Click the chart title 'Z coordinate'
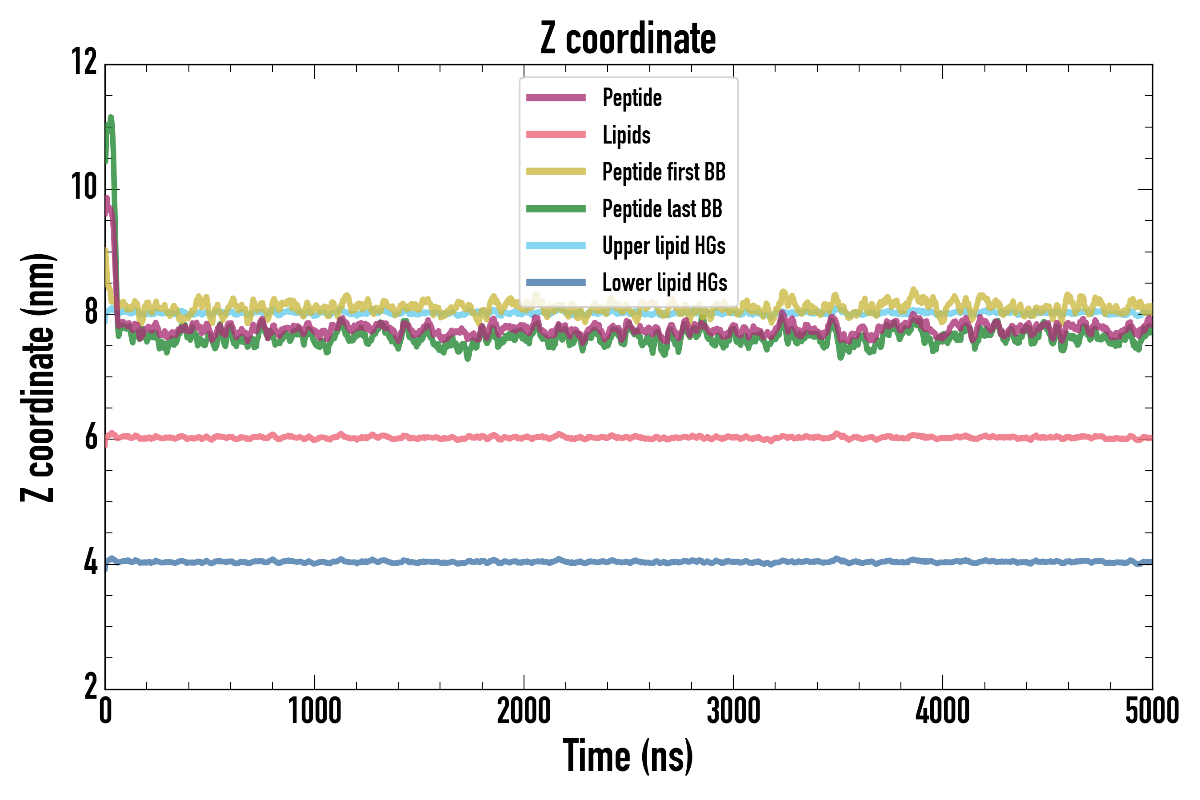[628, 39]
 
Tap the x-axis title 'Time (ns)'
[628, 756]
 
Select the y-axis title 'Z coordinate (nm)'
[38, 377]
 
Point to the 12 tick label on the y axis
[84, 62]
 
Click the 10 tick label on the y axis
[84, 187]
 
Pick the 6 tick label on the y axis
[91, 438]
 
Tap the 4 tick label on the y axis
[91, 563]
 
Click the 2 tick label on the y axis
[91, 687]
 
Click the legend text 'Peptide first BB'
[664, 172]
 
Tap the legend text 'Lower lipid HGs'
[665, 283]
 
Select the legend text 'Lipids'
[627, 135]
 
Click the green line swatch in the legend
[556, 209]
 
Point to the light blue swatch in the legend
[556, 245]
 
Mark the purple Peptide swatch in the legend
[556, 97]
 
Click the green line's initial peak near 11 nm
[111, 118]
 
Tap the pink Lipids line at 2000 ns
[524, 437]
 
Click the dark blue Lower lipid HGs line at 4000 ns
[942, 562]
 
